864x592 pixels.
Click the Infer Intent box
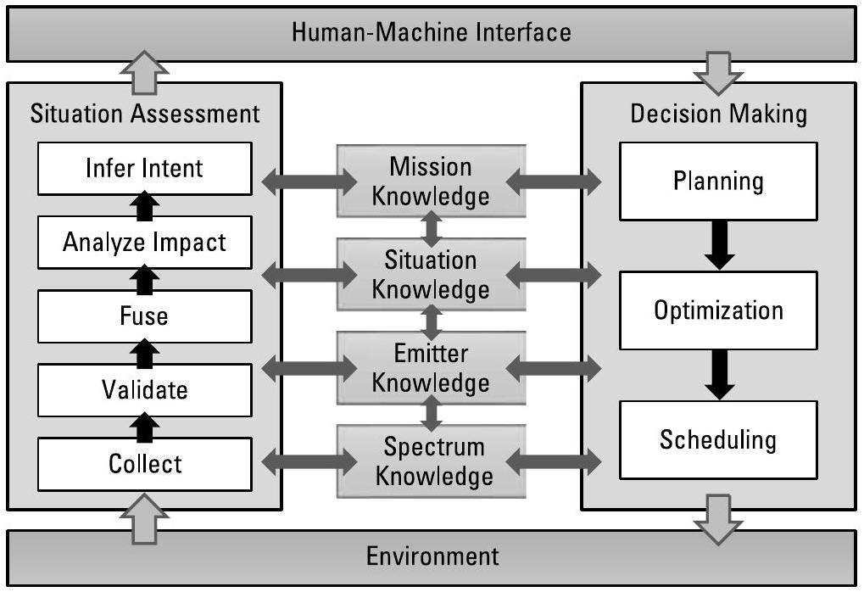(144, 168)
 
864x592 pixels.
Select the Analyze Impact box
(144, 243)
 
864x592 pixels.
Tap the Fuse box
(144, 316)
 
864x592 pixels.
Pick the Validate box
(144, 390)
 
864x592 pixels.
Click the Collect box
(144, 464)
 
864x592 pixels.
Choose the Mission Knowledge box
(431, 181)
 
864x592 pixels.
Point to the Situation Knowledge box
(431, 274)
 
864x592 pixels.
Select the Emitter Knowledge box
(431, 367)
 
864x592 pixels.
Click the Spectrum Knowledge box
(431, 461)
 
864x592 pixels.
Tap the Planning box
(718, 181)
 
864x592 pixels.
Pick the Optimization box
(718, 310)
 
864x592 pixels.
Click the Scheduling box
(718, 440)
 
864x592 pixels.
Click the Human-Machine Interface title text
(431, 33)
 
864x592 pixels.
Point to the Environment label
(432, 556)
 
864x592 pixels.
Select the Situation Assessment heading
(145, 113)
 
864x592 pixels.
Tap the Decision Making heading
(718, 113)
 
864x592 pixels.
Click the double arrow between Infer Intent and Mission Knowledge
(310, 181)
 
